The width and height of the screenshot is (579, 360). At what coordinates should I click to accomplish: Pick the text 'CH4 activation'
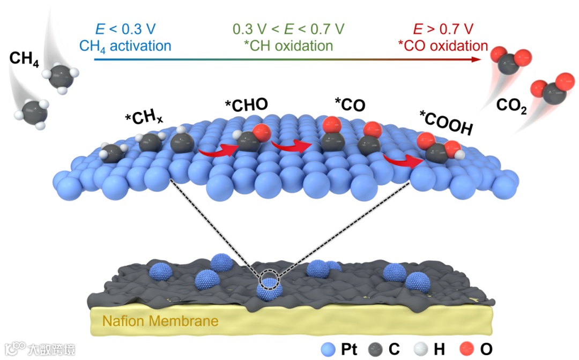(125, 46)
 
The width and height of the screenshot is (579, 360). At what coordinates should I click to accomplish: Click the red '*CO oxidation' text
(443, 46)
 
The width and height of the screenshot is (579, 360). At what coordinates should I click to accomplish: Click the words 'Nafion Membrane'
(161, 322)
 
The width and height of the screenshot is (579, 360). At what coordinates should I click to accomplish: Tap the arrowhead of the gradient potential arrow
(476, 59)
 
